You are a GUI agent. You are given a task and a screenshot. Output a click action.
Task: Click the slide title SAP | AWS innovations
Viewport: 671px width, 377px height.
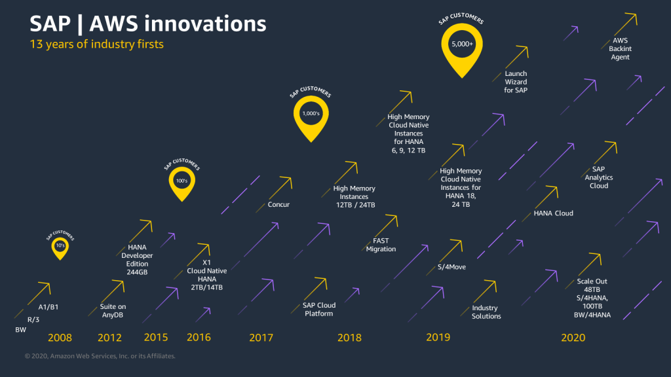pyautogui.click(x=148, y=24)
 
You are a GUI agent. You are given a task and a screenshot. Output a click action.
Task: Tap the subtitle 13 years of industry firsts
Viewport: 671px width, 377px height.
pyautogui.click(x=97, y=45)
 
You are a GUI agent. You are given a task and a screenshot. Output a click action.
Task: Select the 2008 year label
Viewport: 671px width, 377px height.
pyautogui.click(x=60, y=338)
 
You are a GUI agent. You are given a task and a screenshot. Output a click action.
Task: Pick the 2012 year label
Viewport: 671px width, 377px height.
pyautogui.click(x=110, y=338)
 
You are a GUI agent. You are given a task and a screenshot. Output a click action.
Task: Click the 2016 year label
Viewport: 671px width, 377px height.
pyautogui.click(x=199, y=338)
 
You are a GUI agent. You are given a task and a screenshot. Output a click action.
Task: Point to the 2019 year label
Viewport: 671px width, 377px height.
pyautogui.click(x=438, y=338)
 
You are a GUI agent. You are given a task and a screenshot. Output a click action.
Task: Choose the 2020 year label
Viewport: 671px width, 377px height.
pyautogui.click(x=573, y=338)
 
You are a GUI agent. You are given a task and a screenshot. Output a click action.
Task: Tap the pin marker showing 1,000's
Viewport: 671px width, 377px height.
pyautogui.click(x=311, y=115)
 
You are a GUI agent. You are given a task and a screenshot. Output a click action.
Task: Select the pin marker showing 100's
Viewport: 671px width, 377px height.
pyautogui.click(x=182, y=181)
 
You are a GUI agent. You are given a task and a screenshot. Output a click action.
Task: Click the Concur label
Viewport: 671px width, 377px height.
pyautogui.click(x=278, y=205)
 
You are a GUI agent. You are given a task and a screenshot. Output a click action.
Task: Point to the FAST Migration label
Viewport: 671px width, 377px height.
pyautogui.click(x=381, y=245)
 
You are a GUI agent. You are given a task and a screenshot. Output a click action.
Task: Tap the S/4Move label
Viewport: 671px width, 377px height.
pyautogui.click(x=451, y=267)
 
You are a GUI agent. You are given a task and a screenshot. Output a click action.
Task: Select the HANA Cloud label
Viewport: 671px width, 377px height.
pyautogui.click(x=553, y=213)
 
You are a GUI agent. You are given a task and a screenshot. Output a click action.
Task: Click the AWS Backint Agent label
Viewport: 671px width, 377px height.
pyautogui.click(x=620, y=48)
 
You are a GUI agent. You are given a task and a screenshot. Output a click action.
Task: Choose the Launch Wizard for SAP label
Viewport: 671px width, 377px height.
pyautogui.click(x=516, y=82)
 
